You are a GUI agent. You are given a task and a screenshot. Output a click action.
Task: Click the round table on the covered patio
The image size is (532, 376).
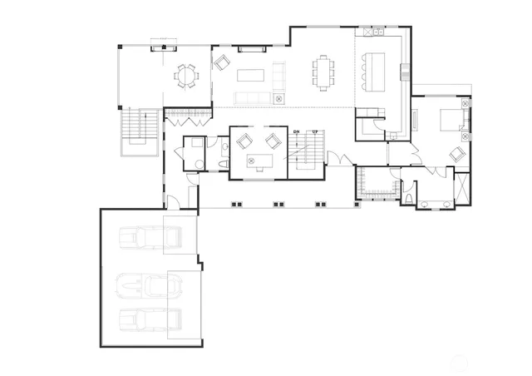coord(185,77)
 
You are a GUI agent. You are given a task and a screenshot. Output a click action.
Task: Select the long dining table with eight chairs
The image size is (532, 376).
coord(323,72)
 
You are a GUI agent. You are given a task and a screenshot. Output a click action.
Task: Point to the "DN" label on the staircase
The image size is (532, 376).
coord(296,132)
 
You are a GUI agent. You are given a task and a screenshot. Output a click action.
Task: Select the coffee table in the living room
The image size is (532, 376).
coord(250,75)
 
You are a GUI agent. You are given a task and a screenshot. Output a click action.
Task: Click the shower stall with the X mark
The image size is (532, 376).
coord(462,186)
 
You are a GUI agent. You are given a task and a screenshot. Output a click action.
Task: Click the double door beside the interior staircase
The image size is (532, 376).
coord(337,159)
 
